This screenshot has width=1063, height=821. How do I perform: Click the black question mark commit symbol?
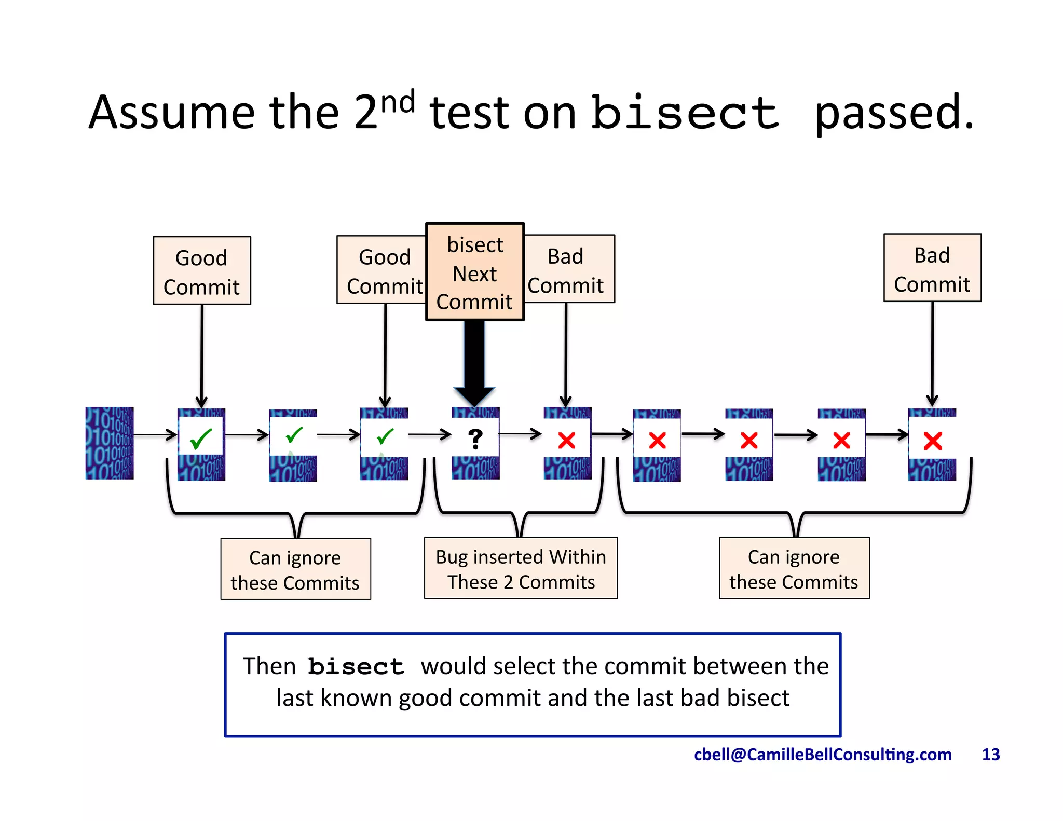coord(475,439)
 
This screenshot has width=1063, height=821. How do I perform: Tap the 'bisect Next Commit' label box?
coord(474,272)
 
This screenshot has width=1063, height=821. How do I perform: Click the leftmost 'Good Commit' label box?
coord(202,271)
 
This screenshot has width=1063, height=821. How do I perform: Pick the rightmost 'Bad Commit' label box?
coord(932,268)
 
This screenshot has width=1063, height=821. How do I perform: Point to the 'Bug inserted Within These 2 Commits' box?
coord(521,568)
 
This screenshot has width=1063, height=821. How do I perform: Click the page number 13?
coord(990,754)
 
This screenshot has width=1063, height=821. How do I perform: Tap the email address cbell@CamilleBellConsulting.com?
coord(823,754)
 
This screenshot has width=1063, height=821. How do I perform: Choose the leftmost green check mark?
coord(201,439)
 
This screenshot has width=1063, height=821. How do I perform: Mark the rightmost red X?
coord(932,441)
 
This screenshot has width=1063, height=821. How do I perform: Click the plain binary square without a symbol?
coord(110,443)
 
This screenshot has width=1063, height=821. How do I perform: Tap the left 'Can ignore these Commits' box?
coord(295,569)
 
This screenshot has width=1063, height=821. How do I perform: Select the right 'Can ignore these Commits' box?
coord(794,568)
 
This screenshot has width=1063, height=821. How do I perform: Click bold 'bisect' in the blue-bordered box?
coord(356,667)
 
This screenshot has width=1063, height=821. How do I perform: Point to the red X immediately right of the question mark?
coord(566,441)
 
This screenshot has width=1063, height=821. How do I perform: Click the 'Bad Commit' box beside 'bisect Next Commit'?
coord(569,269)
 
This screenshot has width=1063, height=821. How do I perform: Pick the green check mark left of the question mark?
coord(385,436)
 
